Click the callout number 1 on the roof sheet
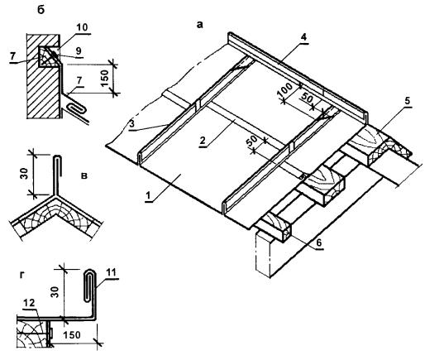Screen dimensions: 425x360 (x=148, y=196)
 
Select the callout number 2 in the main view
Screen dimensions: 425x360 (x=203, y=141)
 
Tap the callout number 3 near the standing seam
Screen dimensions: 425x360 (x=132, y=124)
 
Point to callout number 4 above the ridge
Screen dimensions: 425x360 (x=303, y=37)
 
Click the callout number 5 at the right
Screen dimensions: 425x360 (x=408, y=101)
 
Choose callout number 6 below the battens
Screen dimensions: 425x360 (x=318, y=242)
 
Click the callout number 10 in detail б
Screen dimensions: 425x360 (x=82, y=27)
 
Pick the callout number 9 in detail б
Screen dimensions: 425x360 (x=79, y=52)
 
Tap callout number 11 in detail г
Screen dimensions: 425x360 (x=111, y=273)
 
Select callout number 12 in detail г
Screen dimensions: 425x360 (x=29, y=303)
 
